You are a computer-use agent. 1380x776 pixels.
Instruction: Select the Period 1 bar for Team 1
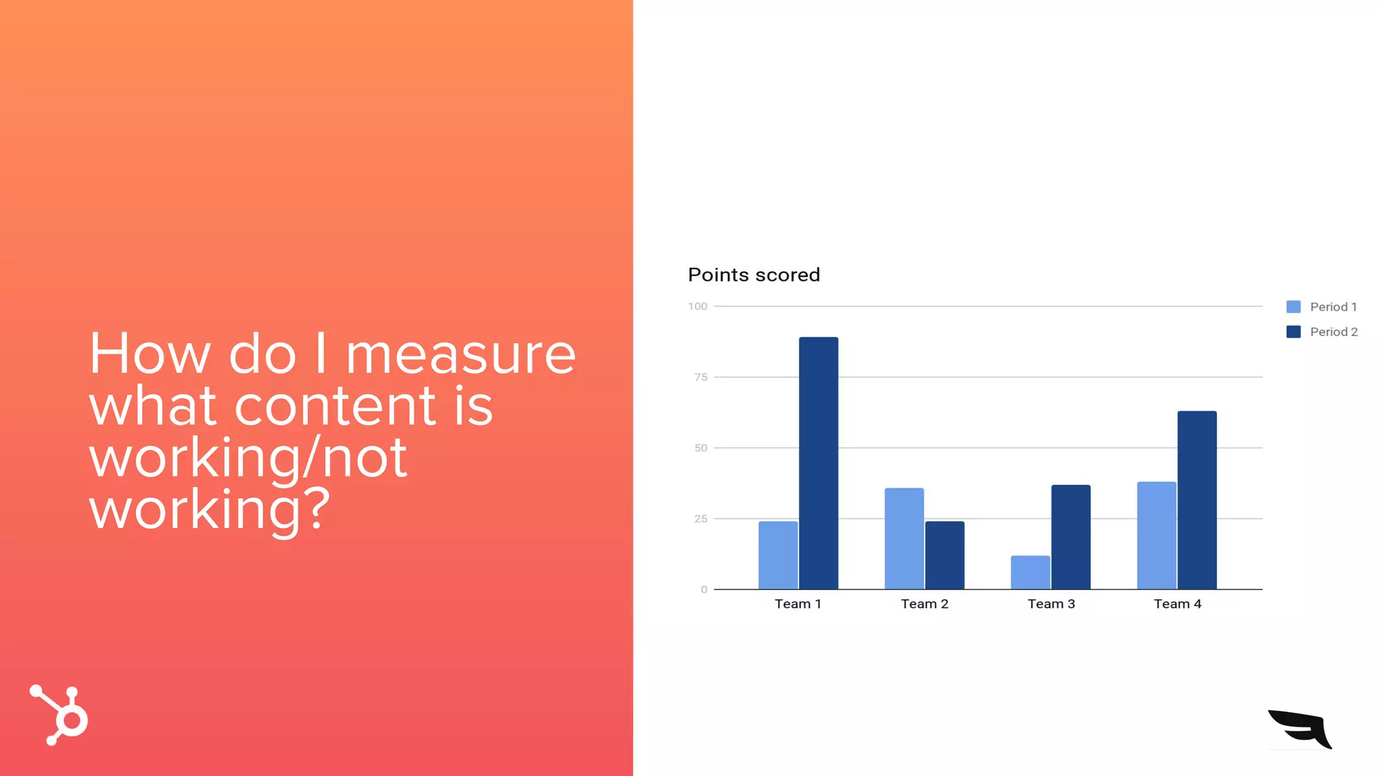click(x=778, y=555)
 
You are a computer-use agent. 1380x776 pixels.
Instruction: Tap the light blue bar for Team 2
click(x=904, y=538)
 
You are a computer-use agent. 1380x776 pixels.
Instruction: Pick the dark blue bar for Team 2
click(x=944, y=555)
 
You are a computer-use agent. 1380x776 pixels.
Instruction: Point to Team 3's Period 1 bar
click(x=1030, y=572)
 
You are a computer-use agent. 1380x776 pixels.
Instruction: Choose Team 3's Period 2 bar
click(x=1071, y=537)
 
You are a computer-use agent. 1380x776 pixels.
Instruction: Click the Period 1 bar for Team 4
click(x=1156, y=535)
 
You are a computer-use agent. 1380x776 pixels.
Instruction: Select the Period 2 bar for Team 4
click(x=1197, y=500)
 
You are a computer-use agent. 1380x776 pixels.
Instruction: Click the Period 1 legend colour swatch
click(x=1293, y=306)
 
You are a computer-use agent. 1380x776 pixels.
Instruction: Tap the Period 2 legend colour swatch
click(x=1293, y=331)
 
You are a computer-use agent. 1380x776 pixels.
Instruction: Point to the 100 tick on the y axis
click(x=697, y=306)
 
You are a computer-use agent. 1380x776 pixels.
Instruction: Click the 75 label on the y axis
click(x=701, y=377)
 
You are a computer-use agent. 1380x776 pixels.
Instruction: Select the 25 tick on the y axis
click(x=701, y=519)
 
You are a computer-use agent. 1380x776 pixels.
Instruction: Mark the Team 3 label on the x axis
click(x=1050, y=604)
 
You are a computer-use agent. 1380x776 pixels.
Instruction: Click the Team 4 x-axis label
click(x=1177, y=604)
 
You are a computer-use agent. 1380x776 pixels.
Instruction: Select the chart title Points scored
click(x=753, y=275)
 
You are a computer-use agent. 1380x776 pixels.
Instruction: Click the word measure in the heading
click(x=460, y=354)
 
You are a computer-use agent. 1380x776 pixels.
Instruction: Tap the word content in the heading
click(x=335, y=406)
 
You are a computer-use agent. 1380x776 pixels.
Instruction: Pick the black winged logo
click(x=1300, y=728)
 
